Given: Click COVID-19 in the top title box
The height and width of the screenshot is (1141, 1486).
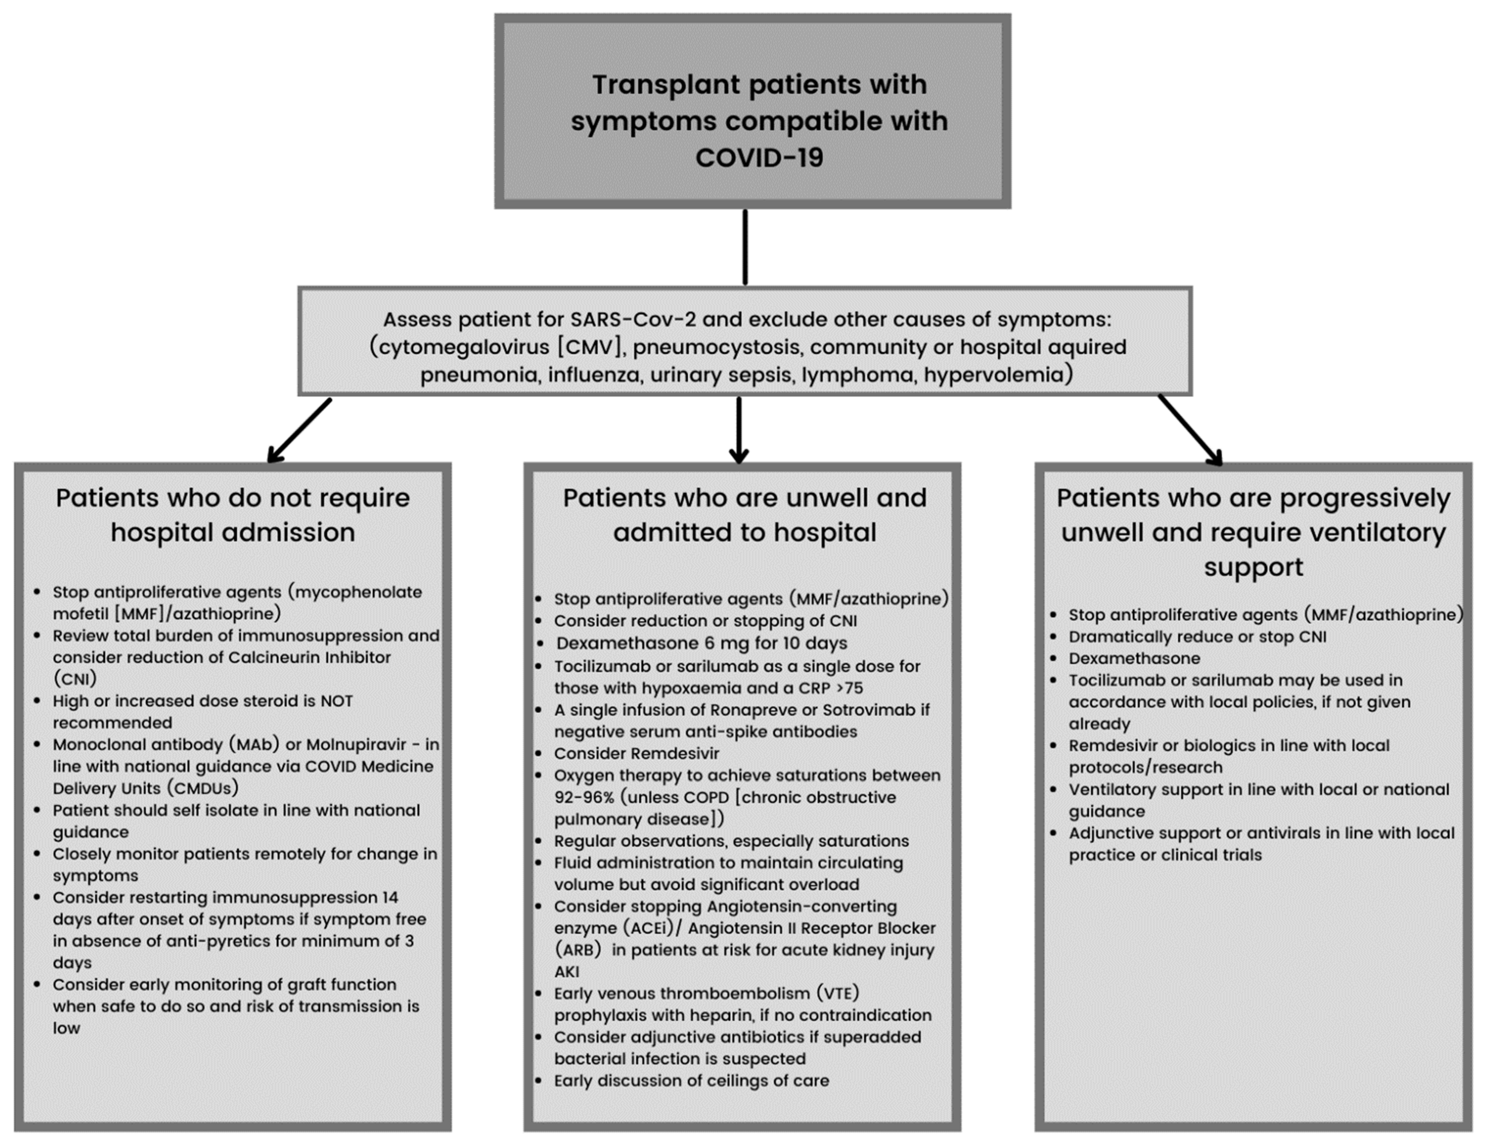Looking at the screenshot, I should pos(759,158).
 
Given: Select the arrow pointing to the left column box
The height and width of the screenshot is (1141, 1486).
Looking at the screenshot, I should pos(299,430).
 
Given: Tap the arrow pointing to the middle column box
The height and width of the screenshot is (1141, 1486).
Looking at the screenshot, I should pos(739,430).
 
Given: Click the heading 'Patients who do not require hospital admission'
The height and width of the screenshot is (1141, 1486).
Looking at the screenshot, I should pos(233,515).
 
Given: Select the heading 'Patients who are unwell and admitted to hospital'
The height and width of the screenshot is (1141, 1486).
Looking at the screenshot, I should pos(745,515).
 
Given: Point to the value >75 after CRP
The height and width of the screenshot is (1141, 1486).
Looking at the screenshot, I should pos(849,688).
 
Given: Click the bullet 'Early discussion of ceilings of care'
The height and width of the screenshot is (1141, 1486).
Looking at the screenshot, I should pos(691,1080).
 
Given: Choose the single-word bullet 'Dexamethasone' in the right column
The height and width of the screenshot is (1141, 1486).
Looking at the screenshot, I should pos(1134,658).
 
